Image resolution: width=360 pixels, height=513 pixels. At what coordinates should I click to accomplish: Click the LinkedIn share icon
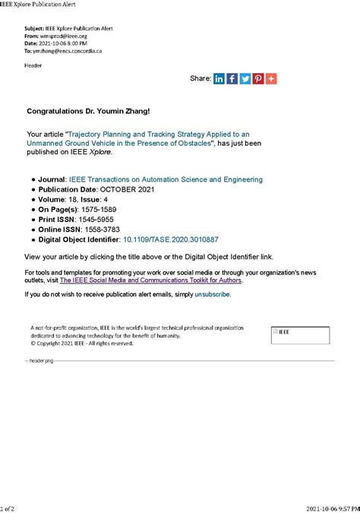coord(219,78)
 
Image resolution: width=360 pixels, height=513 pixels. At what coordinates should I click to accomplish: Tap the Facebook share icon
coord(232,78)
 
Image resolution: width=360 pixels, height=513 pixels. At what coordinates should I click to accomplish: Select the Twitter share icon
coord(245,78)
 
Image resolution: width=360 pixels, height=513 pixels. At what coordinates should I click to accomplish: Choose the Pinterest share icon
coord(258,78)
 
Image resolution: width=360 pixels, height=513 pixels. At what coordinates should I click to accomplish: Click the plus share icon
coord(271,78)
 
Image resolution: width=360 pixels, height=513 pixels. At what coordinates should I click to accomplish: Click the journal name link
coord(166,179)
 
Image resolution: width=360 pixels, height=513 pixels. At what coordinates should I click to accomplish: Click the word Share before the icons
coord(200,78)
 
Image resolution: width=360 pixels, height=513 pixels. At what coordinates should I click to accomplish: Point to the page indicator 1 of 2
coord(7,508)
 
